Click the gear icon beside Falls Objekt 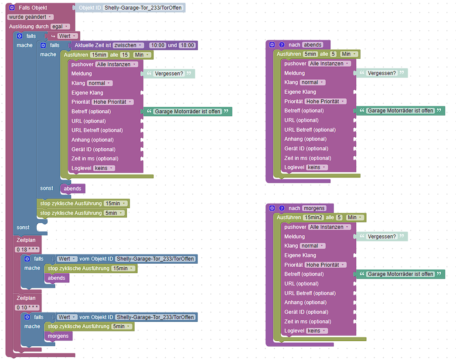(x=12, y=8)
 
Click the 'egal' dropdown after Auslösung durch (x=60, y=27)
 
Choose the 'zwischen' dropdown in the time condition (x=128, y=45)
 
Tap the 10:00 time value (x=157, y=45)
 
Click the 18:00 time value (x=187, y=45)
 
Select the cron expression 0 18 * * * (x=27, y=250)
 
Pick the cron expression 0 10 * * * (x=27, y=308)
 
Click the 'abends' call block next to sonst (x=72, y=189)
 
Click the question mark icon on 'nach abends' (x=282, y=45)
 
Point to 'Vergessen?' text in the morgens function (x=382, y=237)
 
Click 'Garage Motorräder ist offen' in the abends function (x=401, y=111)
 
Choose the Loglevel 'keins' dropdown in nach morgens (x=316, y=331)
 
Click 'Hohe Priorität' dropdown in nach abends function (x=325, y=102)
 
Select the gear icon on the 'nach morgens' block (x=272, y=208)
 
